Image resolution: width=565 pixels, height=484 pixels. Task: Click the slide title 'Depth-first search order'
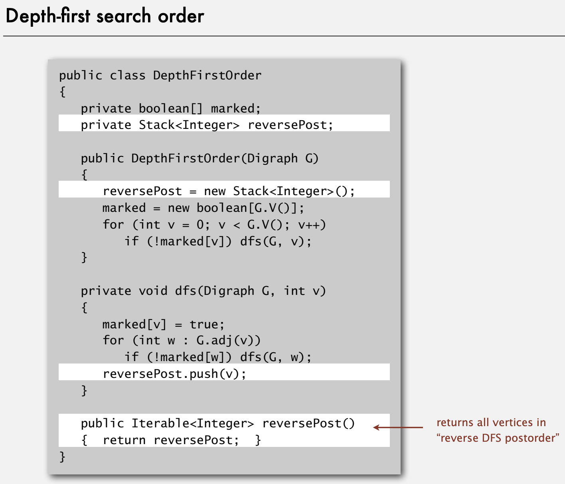point(105,16)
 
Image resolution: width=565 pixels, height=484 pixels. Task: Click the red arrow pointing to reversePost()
point(398,427)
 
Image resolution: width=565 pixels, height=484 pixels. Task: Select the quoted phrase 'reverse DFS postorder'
point(498,438)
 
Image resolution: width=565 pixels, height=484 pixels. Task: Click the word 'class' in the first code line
point(128,75)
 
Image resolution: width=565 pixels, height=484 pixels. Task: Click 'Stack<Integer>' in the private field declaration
point(189,125)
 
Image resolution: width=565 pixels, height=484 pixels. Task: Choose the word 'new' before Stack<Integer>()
point(215,192)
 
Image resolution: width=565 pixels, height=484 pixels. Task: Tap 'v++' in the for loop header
point(312,225)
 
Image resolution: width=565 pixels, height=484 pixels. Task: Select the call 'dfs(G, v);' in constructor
point(276,241)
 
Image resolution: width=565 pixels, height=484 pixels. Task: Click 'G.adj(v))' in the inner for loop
point(228,341)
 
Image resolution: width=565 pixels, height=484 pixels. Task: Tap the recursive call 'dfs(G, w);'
point(276,357)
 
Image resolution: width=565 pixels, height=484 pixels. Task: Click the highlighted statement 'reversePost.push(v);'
point(174,374)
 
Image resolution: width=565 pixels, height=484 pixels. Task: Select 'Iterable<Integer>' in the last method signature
point(193,423)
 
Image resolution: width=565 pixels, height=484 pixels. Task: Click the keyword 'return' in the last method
point(124,440)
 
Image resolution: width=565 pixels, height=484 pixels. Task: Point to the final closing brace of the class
point(62,456)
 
